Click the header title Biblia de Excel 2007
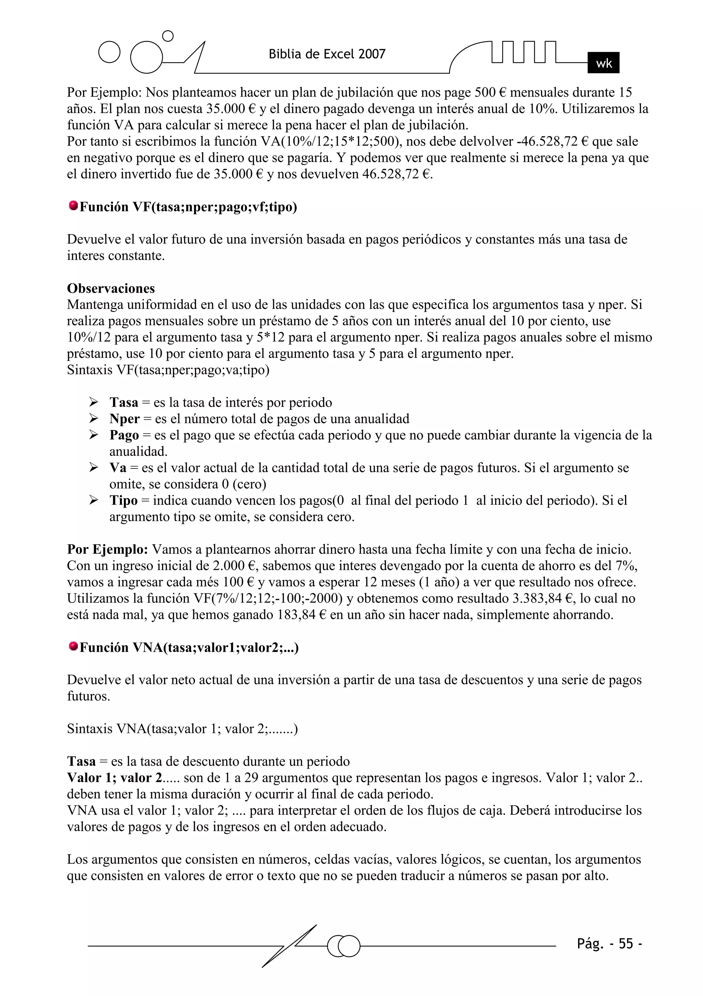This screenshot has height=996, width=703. [327, 54]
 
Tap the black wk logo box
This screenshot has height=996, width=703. [603, 63]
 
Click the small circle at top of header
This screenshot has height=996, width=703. [168, 36]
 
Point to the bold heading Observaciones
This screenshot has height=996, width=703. [111, 288]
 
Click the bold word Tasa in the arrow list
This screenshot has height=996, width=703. [124, 403]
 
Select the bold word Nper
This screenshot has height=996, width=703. [125, 419]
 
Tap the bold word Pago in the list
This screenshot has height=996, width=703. [124, 435]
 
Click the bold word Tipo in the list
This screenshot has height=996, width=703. [123, 501]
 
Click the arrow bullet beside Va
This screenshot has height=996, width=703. [94, 468]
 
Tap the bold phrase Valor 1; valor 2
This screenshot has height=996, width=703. [115, 778]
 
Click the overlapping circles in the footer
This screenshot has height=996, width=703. [344, 946]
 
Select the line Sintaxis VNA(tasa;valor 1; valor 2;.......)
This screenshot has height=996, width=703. [182, 729]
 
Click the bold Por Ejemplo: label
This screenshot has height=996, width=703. [107, 550]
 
